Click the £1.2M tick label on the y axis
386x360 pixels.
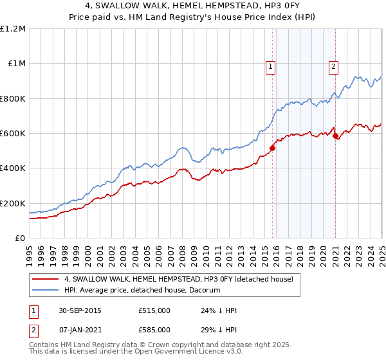pos(13,29)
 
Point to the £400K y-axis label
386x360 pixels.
pos(13,168)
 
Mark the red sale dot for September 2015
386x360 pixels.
pos(272,148)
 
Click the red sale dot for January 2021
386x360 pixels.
pos(335,136)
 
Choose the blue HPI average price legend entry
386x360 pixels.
pos(142,290)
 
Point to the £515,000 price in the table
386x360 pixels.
pos(154,310)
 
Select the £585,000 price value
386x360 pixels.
pos(154,329)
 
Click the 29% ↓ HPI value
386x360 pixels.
pos(219,329)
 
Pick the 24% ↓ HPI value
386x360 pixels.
pos(219,310)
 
